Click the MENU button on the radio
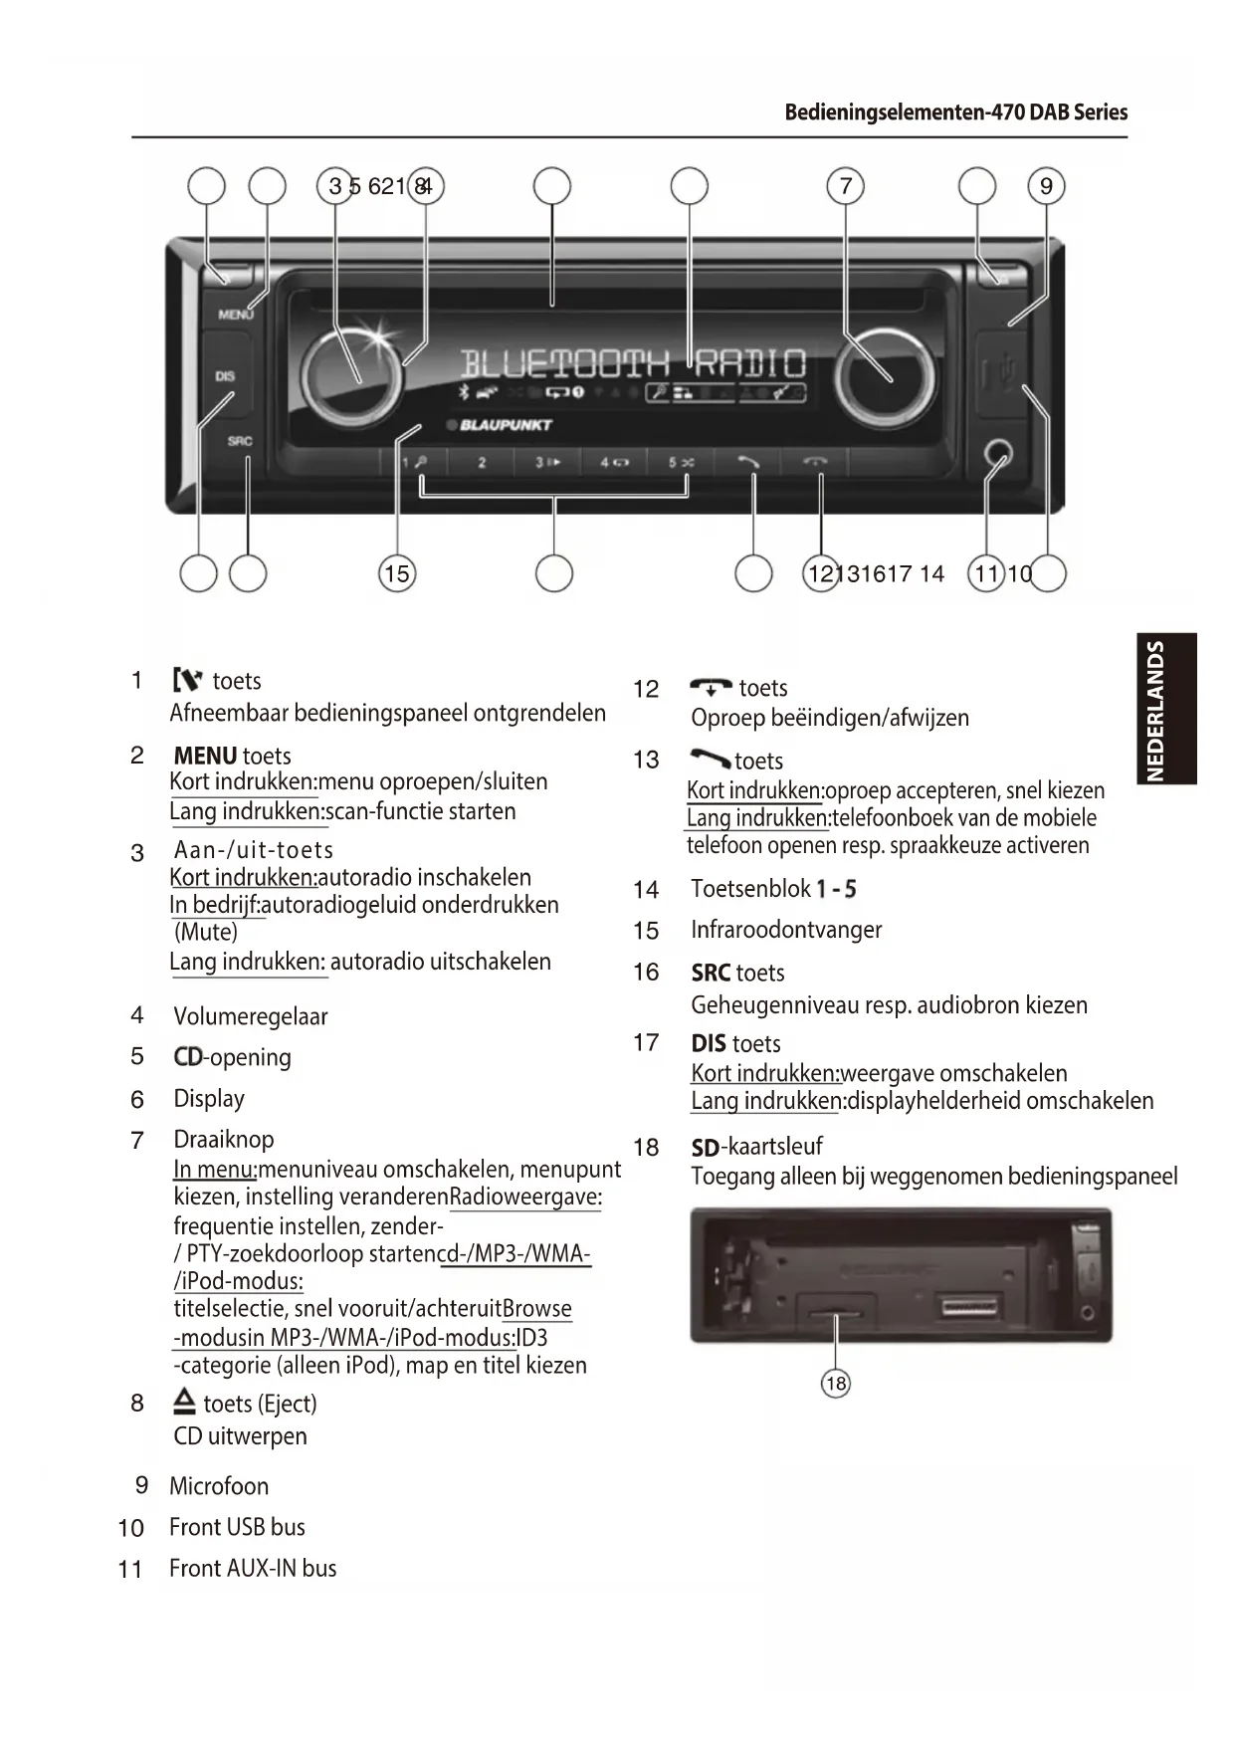(x=235, y=314)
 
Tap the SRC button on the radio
(x=239, y=441)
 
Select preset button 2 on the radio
(x=482, y=462)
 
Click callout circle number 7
(x=845, y=186)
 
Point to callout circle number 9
(x=1046, y=186)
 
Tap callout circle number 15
(x=396, y=573)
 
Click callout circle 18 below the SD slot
(x=836, y=1383)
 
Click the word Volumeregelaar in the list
(x=250, y=1016)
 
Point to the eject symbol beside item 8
(x=184, y=1403)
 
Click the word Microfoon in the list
(x=219, y=1486)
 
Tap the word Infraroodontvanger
(x=786, y=930)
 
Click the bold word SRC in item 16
(x=712, y=973)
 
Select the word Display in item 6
(x=209, y=1099)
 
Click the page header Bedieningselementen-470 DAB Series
(x=955, y=111)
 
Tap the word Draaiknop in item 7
(x=224, y=1140)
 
